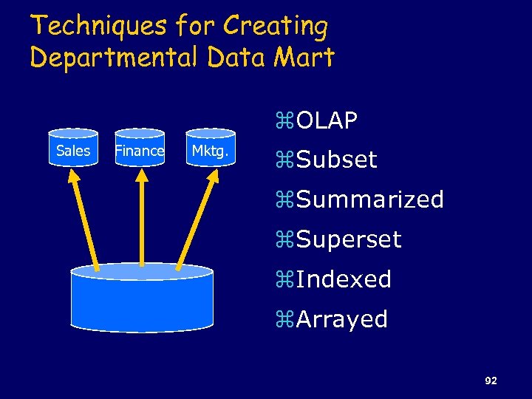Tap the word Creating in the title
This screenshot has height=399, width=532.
(x=276, y=27)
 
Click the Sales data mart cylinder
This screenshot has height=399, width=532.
(x=73, y=150)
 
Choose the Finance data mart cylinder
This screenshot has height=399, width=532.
(x=140, y=150)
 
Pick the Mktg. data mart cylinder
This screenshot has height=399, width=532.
(x=210, y=151)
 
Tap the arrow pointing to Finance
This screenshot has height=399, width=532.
(x=140, y=215)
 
